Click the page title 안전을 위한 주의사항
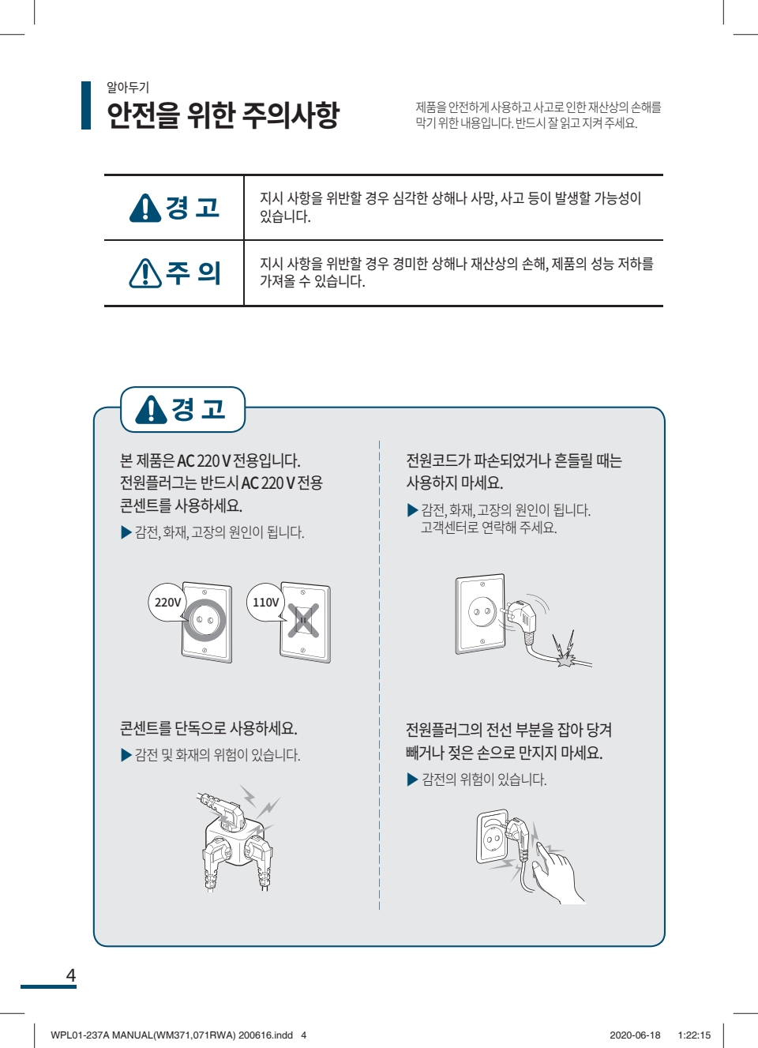[223, 115]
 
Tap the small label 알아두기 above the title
[128, 87]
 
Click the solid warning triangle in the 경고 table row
[145, 208]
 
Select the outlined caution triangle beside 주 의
[145, 273]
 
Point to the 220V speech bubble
[167, 602]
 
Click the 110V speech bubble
[266, 602]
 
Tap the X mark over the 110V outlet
[303, 621]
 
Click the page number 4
[70, 975]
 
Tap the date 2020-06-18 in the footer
[635, 1035]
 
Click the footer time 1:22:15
[694, 1035]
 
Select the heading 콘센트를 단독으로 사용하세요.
[208, 728]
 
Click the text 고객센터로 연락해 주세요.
[489, 528]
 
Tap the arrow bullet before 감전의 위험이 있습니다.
[412, 779]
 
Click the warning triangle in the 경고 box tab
[151, 410]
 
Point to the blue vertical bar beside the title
[86, 105]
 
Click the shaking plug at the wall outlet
[520, 614]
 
